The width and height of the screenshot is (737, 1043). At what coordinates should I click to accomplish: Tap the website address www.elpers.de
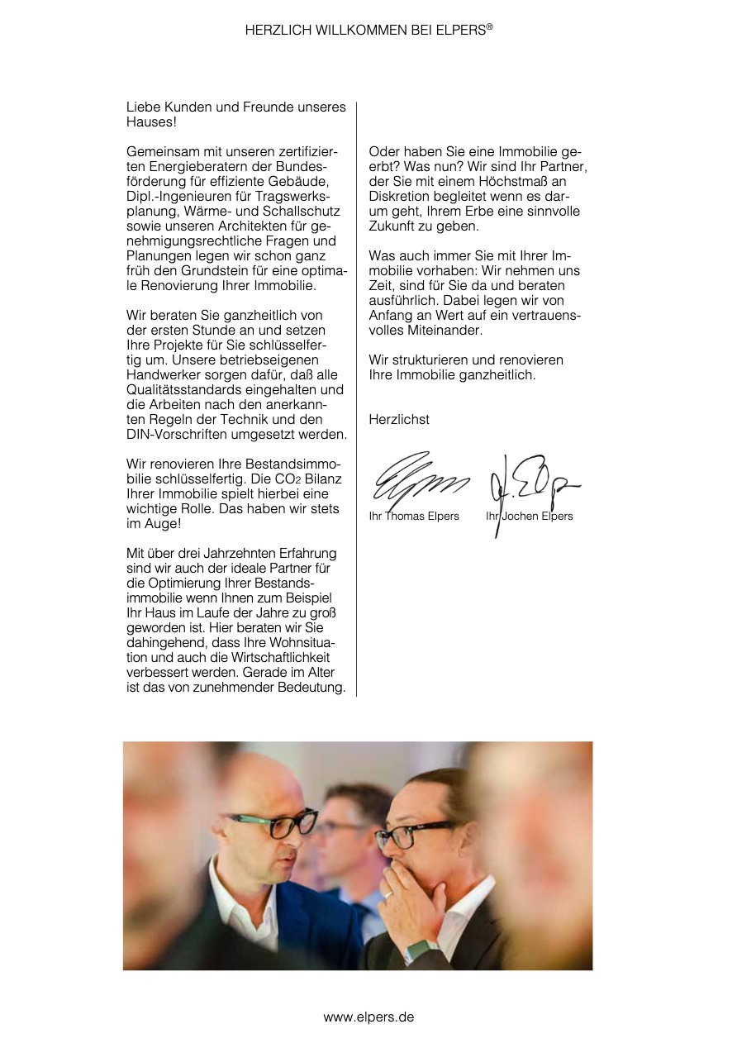[x=368, y=1017]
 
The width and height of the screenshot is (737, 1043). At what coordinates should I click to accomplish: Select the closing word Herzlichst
[x=399, y=419]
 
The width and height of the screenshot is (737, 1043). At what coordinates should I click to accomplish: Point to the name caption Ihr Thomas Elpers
[x=414, y=517]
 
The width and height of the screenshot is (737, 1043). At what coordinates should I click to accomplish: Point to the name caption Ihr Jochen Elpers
[x=529, y=517]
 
